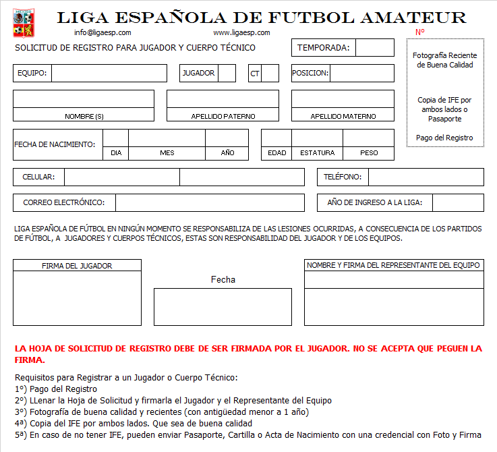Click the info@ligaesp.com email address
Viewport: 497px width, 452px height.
click(x=103, y=32)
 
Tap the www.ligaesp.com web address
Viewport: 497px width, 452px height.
click(x=241, y=32)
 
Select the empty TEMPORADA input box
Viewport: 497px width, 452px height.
click(x=374, y=48)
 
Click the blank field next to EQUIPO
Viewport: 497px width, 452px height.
click(x=109, y=73)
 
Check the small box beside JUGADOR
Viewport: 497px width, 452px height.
click(x=227, y=73)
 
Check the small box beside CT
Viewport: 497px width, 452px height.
click(x=270, y=73)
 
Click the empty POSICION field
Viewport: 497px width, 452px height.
click(x=361, y=73)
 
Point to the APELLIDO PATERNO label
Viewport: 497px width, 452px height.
click(x=223, y=116)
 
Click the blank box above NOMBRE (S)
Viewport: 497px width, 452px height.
click(x=84, y=98)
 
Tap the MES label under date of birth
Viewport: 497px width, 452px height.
click(x=167, y=153)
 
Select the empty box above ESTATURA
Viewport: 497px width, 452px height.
click(x=317, y=138)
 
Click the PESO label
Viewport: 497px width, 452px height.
click(x=369, y=153)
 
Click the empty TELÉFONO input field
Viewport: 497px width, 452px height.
click(x=426, y=177)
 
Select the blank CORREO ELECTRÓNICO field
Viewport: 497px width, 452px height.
click(x=210, y=202)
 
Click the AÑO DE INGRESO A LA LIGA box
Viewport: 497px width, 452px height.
click(x=458, y=202)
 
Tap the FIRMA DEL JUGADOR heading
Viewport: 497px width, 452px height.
click(x=77, y=266)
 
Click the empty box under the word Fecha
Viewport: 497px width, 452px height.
click(x=223, y=307)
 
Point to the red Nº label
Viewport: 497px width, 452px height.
click(x=419, y=32)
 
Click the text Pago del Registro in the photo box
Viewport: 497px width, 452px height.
click(x=444, y=138)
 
